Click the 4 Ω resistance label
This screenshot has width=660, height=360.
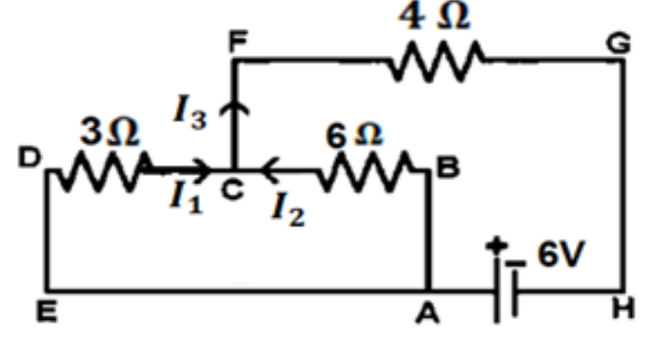pos(434,16)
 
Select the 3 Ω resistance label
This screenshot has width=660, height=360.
pos(110,131)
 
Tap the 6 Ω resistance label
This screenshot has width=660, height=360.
pos(354,135)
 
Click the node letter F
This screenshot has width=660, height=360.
pos(238,41)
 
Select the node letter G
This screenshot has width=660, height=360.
pos(618,43)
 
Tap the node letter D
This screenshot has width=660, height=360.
pos(30,158)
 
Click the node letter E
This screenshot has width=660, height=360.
pos(47,312)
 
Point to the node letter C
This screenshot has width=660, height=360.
pos(232,189)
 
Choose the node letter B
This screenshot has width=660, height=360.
pos(448,167)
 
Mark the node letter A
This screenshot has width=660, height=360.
pos(428,314)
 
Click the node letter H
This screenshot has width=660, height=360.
pos(623,309)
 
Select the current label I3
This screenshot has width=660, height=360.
pos(190,111)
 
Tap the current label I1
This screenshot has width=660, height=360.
pos(187,197)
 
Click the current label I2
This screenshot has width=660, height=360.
pos(288,209)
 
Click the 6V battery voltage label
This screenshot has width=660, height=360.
pos(561,254)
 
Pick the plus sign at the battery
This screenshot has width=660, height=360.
pos(496,245)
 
